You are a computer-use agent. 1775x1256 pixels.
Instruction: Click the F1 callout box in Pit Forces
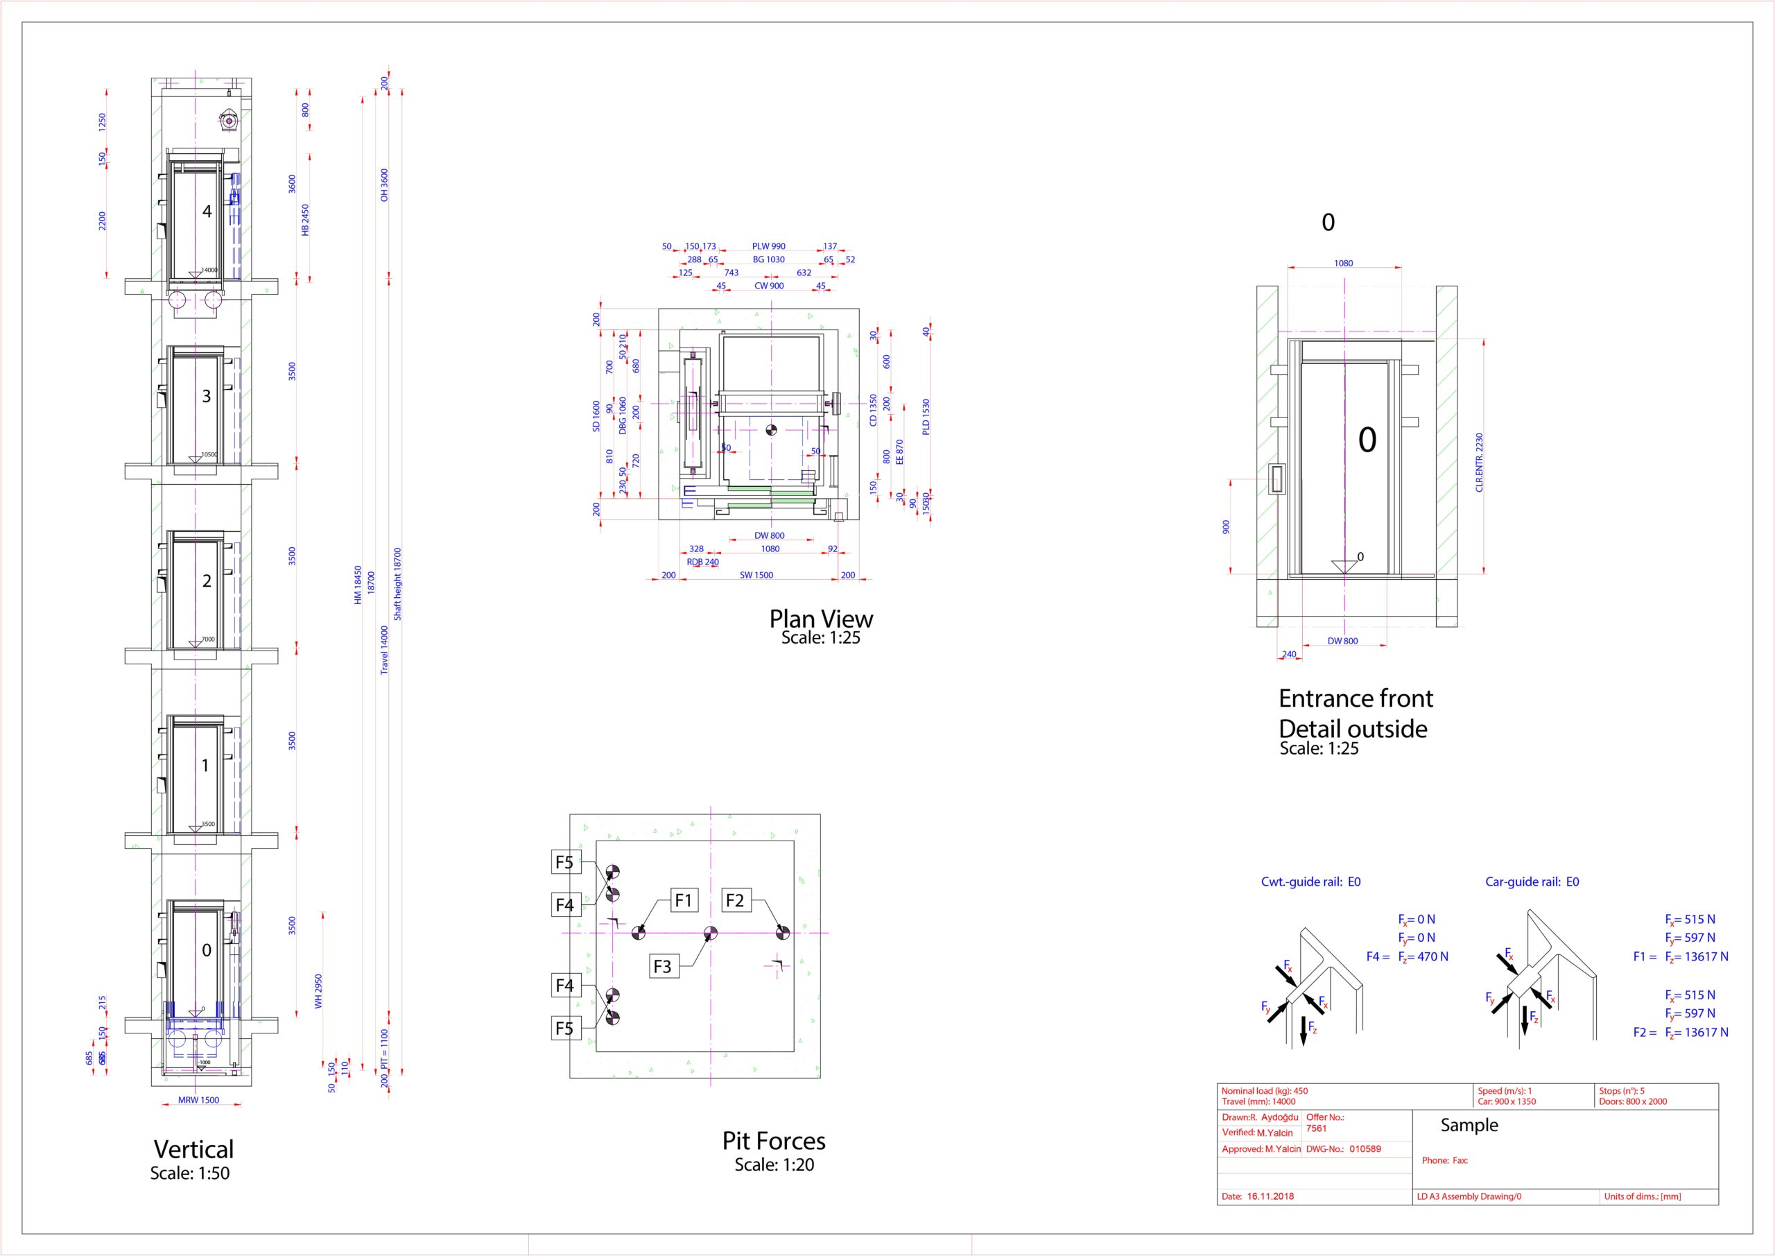click(x=684, y=900)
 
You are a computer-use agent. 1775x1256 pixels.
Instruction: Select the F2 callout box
click(x=734, y=900)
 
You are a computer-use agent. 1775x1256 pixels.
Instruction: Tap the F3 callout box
click(x=663, y=966)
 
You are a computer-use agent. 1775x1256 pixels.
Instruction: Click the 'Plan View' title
click(x=820, y=619)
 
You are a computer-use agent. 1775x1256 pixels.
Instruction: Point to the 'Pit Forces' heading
click(x=773, y=1141)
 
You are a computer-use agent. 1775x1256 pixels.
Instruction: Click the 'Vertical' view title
click(x=193, y=1149)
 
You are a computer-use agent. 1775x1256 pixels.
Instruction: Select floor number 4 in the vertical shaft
click(x=207, y=211)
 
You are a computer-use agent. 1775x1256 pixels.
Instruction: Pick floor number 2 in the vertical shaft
click(x=207, y=580)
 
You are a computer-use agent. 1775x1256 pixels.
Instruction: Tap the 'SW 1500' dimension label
click(x=756, y=576)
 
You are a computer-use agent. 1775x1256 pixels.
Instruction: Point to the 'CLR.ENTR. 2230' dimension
click(x=1479, y=463)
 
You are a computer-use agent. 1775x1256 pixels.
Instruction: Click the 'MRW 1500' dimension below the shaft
click(x=199, y=1100)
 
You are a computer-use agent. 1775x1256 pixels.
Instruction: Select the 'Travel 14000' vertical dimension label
click(x=384, y=650)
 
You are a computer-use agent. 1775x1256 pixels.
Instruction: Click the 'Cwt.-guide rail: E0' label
click(x=1310, y=881)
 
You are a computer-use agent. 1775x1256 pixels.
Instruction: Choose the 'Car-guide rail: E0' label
click(x=1532, y=881)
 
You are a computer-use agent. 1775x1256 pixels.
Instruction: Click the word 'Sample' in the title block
click(x=1469, y=1126)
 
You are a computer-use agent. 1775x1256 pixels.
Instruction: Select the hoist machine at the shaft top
click(x=229, y=121)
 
